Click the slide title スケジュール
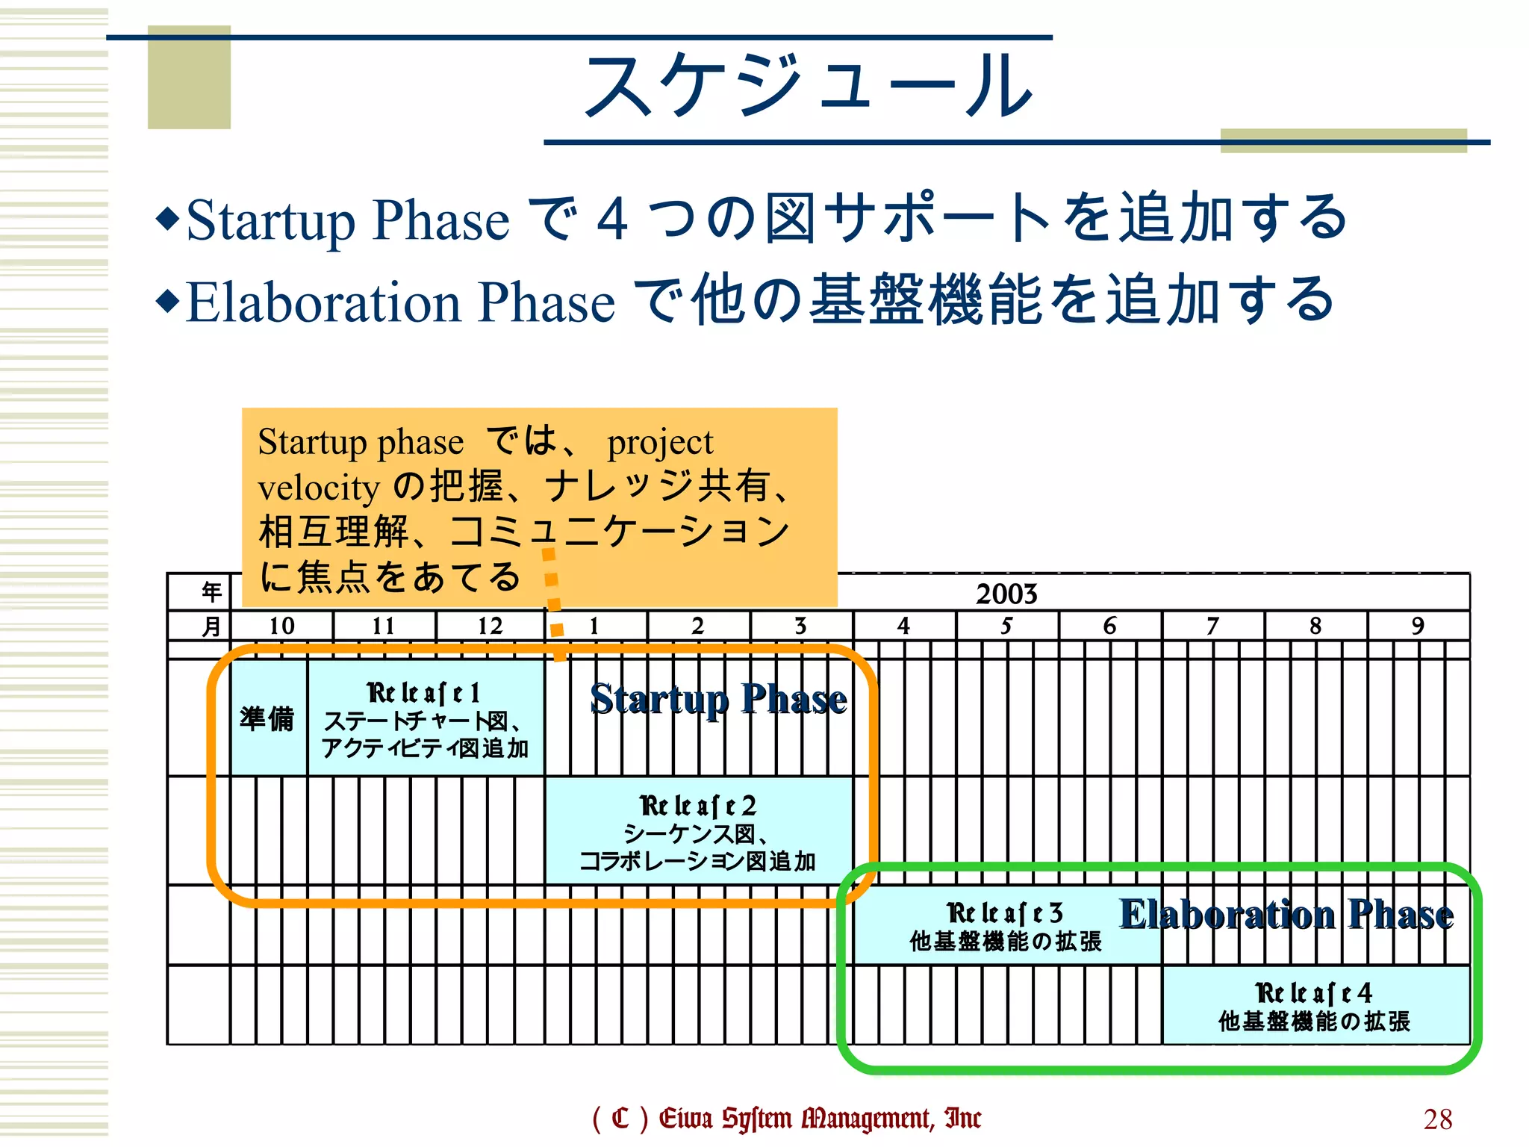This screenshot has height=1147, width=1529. pyautogui.click(x=808, y=87)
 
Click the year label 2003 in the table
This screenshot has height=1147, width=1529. pyautogui.click(x=1006, y=594)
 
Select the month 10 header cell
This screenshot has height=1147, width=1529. pyautogui.click(x=281, y=626)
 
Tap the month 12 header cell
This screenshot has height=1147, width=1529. pyautogui.click(x=490, y=626)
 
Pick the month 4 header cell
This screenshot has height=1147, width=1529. pyautogui.click(x=903, y=626)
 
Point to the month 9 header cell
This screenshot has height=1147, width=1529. pyautogui.click(x=1418, y=626)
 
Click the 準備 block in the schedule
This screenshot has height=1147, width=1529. pyautogui.click(x=267, y=718)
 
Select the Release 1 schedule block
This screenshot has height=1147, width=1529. pyautogui.click(x=425, y=718)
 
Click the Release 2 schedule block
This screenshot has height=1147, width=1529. pyautogui.click(x=698, y=831)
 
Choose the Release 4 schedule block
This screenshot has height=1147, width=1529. pyautogui.click(x=1315, y=1005)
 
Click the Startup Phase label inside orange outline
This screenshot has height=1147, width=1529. pyautogui.click(x=718, y=699)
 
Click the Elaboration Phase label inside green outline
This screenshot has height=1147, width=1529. pyautogui.click(x=1286, y=914)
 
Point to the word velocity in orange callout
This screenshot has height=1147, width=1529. pyautogui.click(x=319, y=488)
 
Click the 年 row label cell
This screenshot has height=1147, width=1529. pyautogui.click(x=211, y=592)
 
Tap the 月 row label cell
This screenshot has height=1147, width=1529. pyautogui.click(x=211, y=626)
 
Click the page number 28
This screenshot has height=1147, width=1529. pyautogui.click(x=1437, y=1119)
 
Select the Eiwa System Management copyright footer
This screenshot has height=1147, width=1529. pyautogui.click(x=785, y=1119)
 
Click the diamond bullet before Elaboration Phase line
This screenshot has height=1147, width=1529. pyautogui.click(x=168, y=301)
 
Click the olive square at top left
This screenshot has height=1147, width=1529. pyautogui.click(x=189, y=78)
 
